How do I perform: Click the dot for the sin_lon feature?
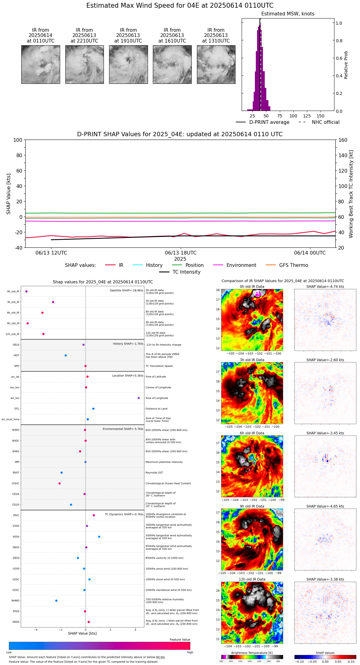click(139, 398)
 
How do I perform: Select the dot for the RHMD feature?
click(56, 601)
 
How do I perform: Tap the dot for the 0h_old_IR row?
click(27, 292)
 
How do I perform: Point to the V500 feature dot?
click(99, 537)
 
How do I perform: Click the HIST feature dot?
click(66, 355)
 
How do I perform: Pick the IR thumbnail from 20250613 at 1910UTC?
click(128, 64)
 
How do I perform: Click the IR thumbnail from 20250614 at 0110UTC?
click(41, 64)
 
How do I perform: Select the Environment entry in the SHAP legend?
click(241, 265)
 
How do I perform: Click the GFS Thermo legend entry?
click(293, 265)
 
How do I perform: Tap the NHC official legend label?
click(325, 122)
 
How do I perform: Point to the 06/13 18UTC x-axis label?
click(181, 253)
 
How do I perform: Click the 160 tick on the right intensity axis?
click(343, 140)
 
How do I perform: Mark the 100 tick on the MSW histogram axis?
click(293, 116)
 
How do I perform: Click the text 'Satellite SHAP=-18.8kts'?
click(126, 291)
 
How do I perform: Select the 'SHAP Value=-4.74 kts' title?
click(325, 287)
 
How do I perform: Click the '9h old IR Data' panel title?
click(252, 506)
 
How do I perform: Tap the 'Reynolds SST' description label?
click(154, 473)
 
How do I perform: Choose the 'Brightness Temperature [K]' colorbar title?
click(252, 653)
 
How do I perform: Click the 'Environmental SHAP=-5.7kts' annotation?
click(123, 429)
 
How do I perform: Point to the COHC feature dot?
click(59, 483)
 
